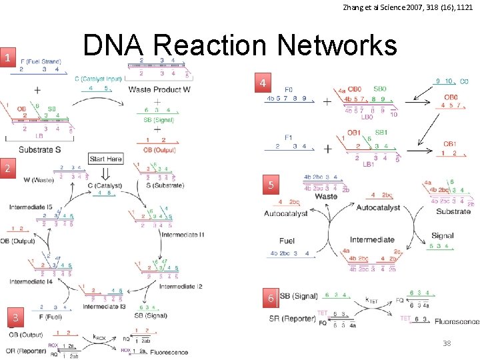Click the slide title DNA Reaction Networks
point(239,45)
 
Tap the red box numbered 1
point(7,58)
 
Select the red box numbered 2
point(7,168)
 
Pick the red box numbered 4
point(265,84)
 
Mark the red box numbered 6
point(271,299)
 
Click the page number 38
point(447,343)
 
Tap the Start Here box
point(105,159)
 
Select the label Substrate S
point(40,149)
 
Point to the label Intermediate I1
point(183,235)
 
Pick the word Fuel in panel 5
point(287,241)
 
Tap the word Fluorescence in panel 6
point(457,322)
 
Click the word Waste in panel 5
point(326,197)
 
